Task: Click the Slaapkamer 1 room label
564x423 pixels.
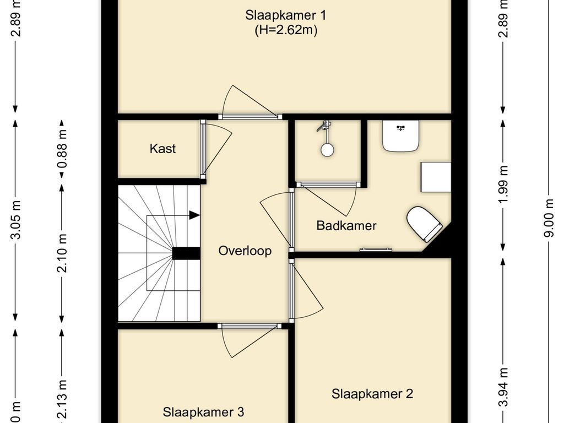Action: click(289, 15)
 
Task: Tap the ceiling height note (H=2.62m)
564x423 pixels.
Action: click(285, 31)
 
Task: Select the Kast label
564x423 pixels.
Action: click(162, 148)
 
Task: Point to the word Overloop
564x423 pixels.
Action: click(245, 251)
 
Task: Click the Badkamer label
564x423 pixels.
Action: click(346, 225)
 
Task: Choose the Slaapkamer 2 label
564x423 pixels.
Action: click(372, 394)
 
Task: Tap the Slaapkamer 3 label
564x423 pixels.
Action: click(203, 411)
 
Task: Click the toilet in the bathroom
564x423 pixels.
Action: click(424, 223)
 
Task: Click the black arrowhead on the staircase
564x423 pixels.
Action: click(194, 215)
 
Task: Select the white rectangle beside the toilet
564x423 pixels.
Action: click(436, 177)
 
